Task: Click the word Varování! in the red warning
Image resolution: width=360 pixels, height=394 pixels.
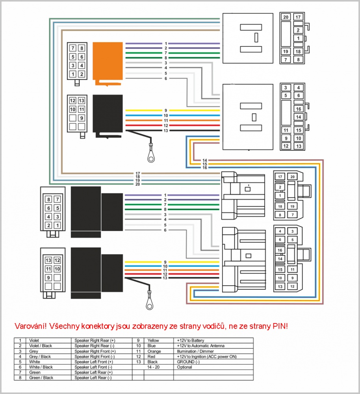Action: click(31, 326)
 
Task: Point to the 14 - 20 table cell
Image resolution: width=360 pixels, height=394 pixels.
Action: click(153, 367)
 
